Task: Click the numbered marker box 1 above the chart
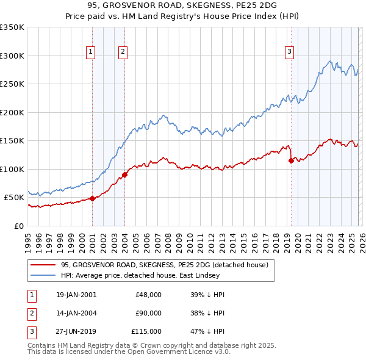click(90, 52)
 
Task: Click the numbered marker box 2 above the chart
click(123, 52)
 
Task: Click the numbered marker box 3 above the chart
click(289, 52)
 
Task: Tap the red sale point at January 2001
click(92, 198)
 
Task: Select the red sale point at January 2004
click(124, 175)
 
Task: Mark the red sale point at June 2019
click(291, 160)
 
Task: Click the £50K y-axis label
click(15, 198)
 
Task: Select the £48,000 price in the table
click(148, 295)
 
